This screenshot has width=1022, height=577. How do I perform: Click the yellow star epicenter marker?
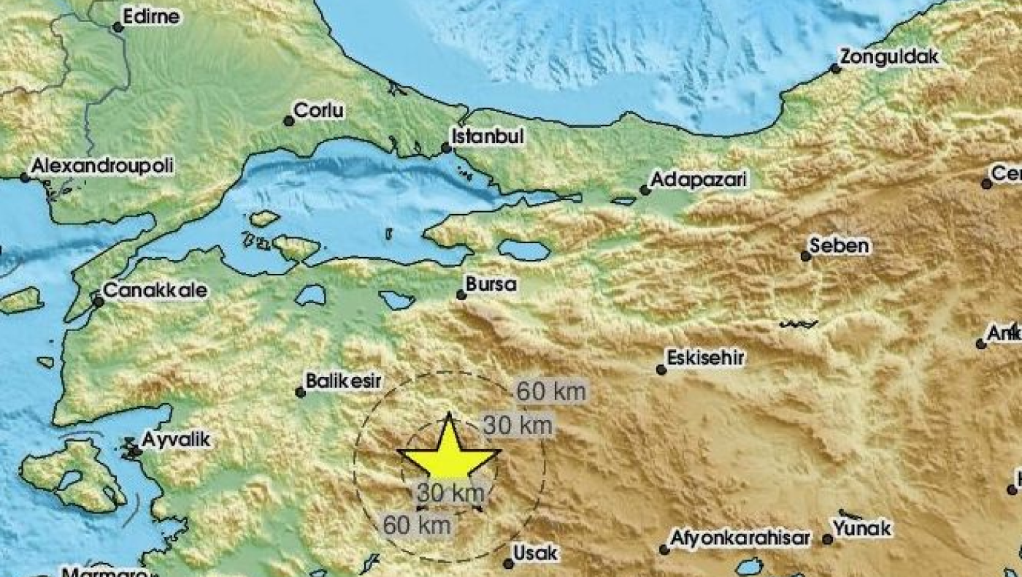pyautogui.click(x=449, y=453)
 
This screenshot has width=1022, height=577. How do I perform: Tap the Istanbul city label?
pyautogui.click(x=488, y=137)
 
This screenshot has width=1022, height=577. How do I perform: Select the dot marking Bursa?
pyautogui.click(x=461, y=295)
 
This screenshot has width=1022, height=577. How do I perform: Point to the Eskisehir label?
pyautogui.click(x=705, y=358)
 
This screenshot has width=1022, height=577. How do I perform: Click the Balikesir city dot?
pyautogui.click(x=300, y=392)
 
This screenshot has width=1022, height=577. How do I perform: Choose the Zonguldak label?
pyautogui.click(x=888, y=57)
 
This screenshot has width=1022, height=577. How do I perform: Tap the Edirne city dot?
pyautogui.click(x=118, y=28)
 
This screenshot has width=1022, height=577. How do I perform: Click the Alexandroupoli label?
pyautogui.click(x=101, y=167)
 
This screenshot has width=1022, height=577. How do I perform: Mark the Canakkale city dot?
pyautogui.click(x=99, y=301)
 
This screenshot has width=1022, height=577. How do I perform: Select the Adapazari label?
pyautogui.click(x=699, y=180)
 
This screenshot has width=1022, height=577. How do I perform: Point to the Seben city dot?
pyautogui.click(x=806, y=256)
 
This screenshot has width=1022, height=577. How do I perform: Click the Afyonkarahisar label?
pyautogui.click(x=741, y=539)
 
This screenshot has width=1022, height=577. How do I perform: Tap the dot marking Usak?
pyautogui.click(x=509, y=563)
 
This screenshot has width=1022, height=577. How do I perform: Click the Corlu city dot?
pyautogui.click(x=289, y=121)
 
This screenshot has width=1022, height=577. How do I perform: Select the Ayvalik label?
pyautogui.click(x=175, y=440)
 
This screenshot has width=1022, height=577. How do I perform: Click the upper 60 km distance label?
pyautogui.click(x=551, y=392)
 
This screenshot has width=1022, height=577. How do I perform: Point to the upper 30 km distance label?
pyautogui.click(x=518, y=425)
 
